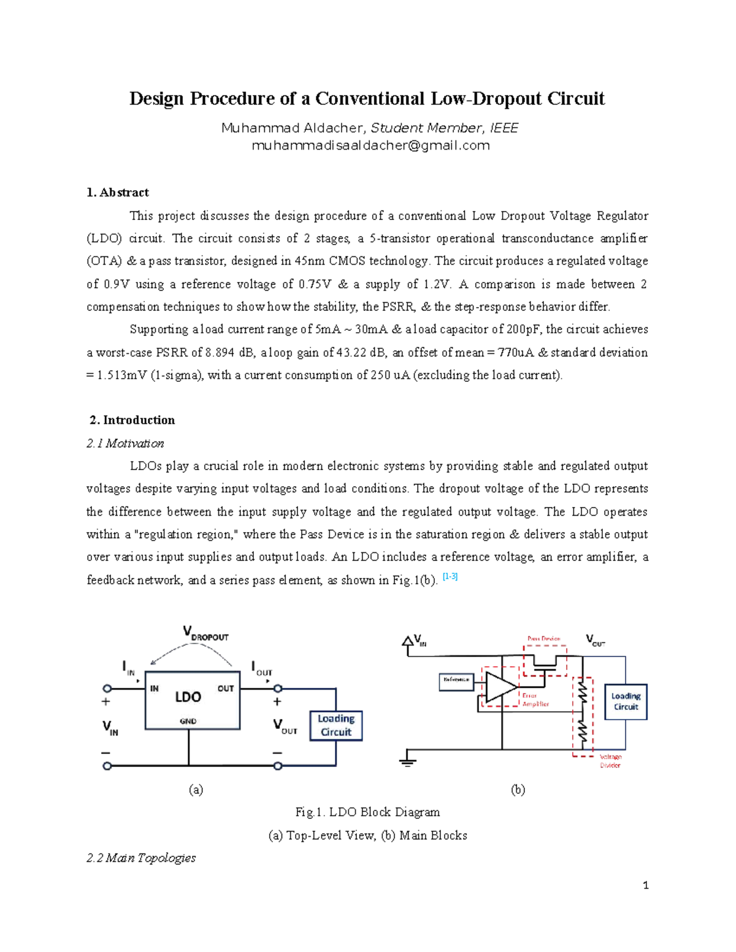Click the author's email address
pos(370,146)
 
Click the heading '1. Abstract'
pos(118,192)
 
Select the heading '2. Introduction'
pos(132,420)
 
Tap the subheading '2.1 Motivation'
pos(125,443)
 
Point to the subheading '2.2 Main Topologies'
pos(141,858)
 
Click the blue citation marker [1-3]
pos(450,577)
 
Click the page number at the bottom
pos(645,885)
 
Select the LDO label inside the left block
pos(188,697)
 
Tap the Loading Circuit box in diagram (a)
pos(336,725)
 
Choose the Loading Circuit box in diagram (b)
pos(626,701)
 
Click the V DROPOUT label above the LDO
pos(205,633)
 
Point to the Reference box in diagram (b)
pos(456,679)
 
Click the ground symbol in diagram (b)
pos(407,760)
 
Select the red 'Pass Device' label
pos(544,639)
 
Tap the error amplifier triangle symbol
pos(500,687)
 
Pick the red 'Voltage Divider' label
pos(610,761)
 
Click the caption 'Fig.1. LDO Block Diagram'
pos(367,812)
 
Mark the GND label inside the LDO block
pos(188,721)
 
